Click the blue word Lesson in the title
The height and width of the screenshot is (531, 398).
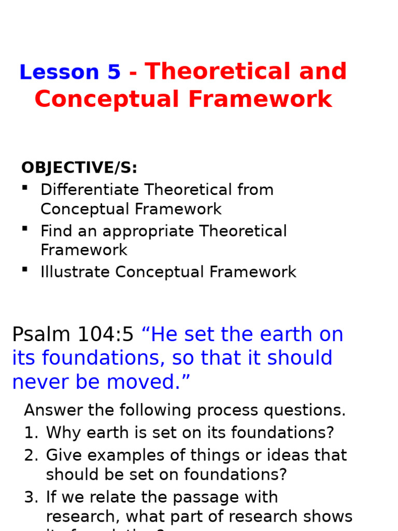tap(59, 72)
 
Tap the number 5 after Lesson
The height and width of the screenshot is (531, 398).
tap(113, 72)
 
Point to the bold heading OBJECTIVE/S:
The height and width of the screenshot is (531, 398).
tap(79, 168)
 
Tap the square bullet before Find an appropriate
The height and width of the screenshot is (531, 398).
tap(24, 228)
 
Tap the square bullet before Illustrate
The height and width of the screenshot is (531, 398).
tap(24, 269)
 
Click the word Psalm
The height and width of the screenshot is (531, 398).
tap(42, 335)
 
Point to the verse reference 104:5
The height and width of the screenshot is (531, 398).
tap(106, 335)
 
